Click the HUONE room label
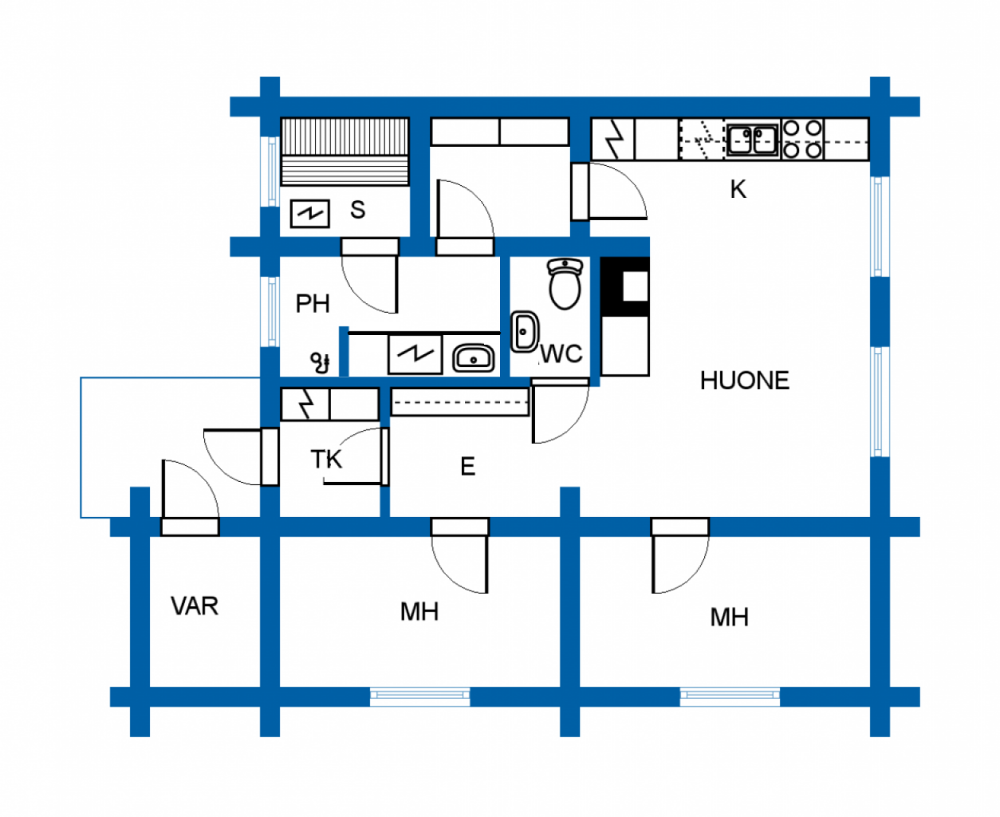tap(744, 381)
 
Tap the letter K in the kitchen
tap(738, 189)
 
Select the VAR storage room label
tap(194, 606)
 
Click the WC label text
tap(561, 353)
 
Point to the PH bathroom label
tap(312, 304)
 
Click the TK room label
tap(326, 460)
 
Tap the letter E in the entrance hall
tap(467, 467)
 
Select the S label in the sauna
tap(357, 210)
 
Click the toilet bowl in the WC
tap(565, 283)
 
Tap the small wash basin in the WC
tap(524, 331)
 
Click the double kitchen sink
tap(752, 140)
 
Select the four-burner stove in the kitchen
tap(802, 140)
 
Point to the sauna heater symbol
tap(309, 213)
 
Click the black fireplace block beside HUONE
tap(624, 286)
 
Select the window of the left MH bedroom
tap(419, 697)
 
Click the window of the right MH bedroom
tap(730, 697)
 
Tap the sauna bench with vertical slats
tap(344, 136)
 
